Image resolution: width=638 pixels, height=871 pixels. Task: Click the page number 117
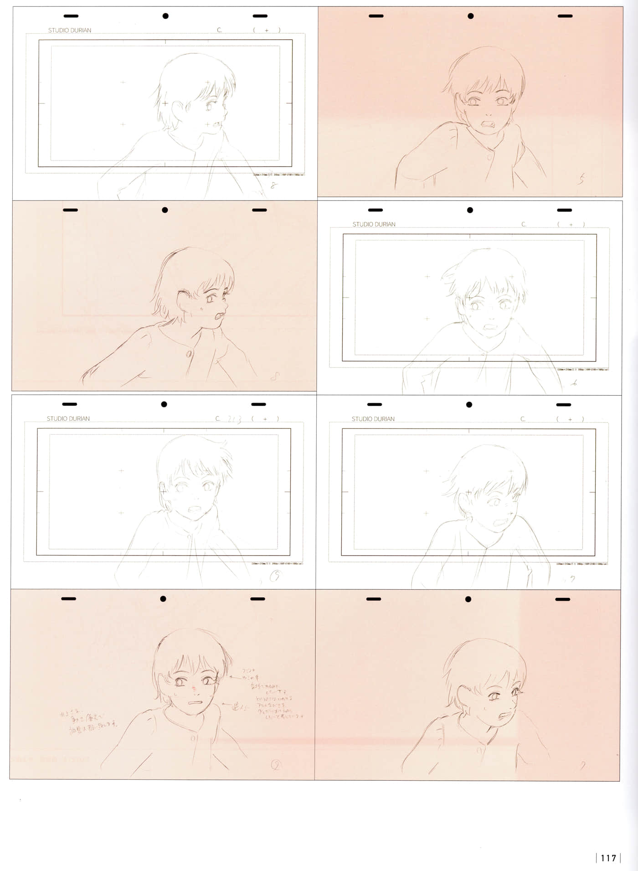[x=608, y=858]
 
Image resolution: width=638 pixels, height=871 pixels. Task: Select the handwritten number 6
[x=575, y=383]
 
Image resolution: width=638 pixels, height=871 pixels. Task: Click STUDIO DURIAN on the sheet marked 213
[x=68, y=418]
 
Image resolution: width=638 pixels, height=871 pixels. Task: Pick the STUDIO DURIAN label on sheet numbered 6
[x=374, y=224]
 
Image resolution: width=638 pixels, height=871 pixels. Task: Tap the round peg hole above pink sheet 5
[x=470, y=16]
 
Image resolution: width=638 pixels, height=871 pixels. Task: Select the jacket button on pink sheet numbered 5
[x=489, y=157]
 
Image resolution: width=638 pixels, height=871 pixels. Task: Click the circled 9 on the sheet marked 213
[x=275, y=577]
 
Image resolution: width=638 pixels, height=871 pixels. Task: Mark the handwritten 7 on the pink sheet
[x=583, y=766]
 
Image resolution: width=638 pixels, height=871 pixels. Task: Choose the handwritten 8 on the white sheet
[x=273, y=186]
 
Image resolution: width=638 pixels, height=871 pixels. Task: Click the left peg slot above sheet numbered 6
[x=375, y=210]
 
